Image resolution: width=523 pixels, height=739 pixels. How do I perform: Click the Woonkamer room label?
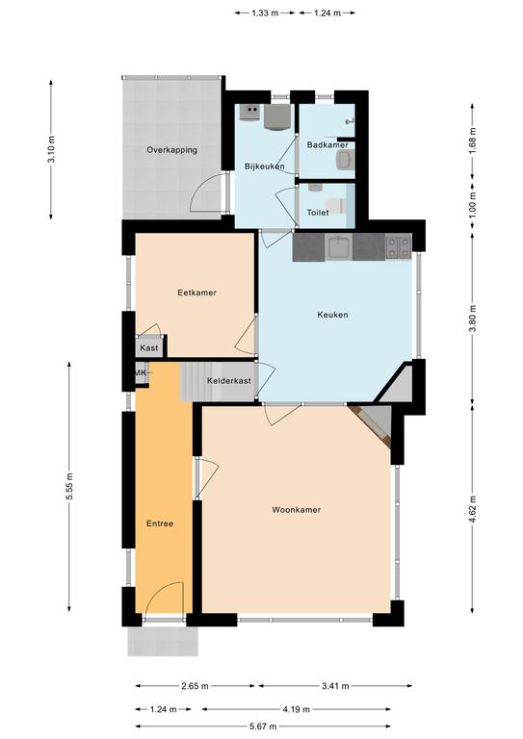tap(296, 509)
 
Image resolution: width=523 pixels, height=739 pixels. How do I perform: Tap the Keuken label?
tap(332, 315)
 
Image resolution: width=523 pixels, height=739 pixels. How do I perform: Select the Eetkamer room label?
tap(196, 293)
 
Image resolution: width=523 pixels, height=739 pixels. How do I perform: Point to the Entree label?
tap(160, 523)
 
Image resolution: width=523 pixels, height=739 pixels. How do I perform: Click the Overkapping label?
tap(171, 150)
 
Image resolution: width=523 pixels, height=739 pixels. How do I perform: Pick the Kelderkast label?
tap(228, 380)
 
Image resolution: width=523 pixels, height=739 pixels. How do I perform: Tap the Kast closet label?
tap(149, 347)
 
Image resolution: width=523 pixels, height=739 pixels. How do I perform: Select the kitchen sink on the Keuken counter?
tap(339, 247)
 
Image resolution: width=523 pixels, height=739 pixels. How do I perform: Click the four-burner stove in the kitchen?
tap(399, 247)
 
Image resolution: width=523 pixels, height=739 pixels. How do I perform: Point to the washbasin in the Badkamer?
tap(345, 160)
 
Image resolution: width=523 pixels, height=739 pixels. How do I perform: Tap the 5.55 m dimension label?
tap(69, 486)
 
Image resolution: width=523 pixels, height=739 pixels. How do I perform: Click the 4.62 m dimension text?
tap(473, 508)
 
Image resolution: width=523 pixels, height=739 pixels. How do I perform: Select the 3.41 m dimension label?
tap(335, 686)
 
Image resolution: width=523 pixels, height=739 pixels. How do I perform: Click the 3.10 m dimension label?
tap(51, 149)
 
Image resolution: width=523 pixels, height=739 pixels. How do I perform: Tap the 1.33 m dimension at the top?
tap(265, 13)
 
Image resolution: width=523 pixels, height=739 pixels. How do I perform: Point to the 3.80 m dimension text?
tap(473, 319)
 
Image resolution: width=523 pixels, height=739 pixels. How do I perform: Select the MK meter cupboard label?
tap(140, 372)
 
